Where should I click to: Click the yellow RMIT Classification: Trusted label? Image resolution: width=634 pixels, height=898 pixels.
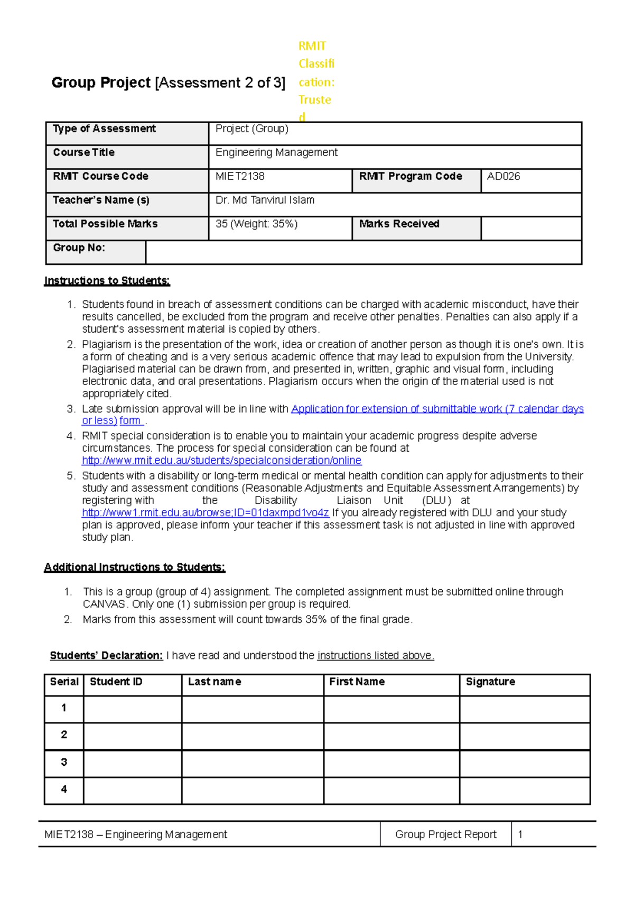(x=315, y=81)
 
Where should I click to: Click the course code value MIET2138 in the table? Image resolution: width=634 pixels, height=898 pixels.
(x=240, y=177)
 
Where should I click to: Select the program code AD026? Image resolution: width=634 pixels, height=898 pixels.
(x=503, y=177)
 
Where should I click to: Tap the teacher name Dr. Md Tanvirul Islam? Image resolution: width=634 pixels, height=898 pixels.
(x=265, y=200)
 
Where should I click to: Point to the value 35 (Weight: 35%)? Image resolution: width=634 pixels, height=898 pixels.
(x=256, y=224)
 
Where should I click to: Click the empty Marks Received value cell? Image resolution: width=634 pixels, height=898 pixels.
(x=530, y=228)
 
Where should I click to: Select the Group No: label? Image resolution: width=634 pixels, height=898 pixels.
(x=79, y=248)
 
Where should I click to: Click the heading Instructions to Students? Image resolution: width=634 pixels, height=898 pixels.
(x=107, y=281)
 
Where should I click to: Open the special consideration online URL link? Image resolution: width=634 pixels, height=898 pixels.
(x=221, y=461)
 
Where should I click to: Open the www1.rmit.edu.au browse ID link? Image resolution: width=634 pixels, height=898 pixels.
(x=205, y=513)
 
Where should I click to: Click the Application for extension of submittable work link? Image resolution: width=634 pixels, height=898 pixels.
(x=437, y=409)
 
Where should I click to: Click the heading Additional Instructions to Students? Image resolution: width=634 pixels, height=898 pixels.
(x=134, y=567)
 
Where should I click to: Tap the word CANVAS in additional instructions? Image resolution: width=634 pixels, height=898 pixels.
(x=104, y=604)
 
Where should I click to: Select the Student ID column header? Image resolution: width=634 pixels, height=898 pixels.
(x=116, y=682)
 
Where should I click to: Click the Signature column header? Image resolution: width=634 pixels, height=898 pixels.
(x=490, y=682)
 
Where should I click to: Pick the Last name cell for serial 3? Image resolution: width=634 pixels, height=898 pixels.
(x=252, y=764)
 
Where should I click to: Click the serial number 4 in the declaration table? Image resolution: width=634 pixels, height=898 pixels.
(x=64, y=790)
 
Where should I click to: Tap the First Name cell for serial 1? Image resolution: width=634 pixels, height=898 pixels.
(x=391, y=709)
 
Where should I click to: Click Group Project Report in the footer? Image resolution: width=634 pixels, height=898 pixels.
(x=445, y=835)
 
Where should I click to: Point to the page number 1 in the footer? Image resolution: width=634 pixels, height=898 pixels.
(x=520, y=835)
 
